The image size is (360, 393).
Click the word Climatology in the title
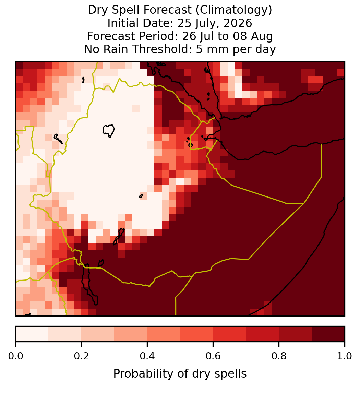point(232,10)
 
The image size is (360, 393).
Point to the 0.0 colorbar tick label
point(16,356)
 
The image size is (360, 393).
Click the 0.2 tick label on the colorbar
point(81,356)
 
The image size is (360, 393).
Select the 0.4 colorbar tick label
point(147,356)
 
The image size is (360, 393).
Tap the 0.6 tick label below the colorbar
point(213,356)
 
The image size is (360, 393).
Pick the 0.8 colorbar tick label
point(279,356)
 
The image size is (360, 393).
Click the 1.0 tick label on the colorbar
point(345,356)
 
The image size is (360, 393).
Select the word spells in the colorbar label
point(232,374)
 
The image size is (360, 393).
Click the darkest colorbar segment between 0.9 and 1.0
point(328,334)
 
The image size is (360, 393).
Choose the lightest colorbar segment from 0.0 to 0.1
point(32,334)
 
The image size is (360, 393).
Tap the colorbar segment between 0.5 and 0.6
point(197,334)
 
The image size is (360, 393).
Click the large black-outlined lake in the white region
point(108,131)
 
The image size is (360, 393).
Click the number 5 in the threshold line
point(199,49)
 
